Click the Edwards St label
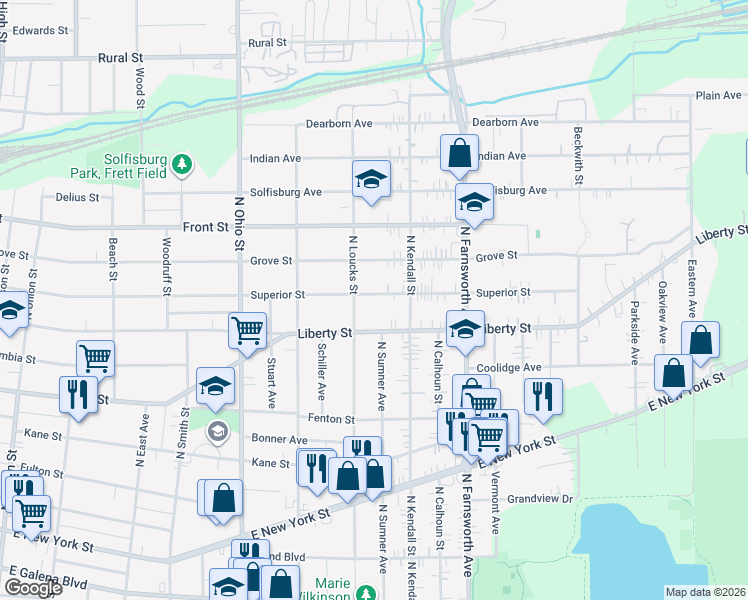click(40, 31)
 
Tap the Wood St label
click(140, 87)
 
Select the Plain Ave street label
click(718, 96)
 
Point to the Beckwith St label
click(578, 155)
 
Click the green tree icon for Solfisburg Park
click(181, 163)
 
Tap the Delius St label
click(77, 197)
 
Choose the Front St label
click(206, 227)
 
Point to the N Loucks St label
click(352, 264)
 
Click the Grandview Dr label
click(539, 498)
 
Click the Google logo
click(32, 588)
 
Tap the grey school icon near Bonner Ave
click(217, 432)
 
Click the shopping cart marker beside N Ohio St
click(246, 329)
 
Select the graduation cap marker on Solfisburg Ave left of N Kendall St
click(371, 180)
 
